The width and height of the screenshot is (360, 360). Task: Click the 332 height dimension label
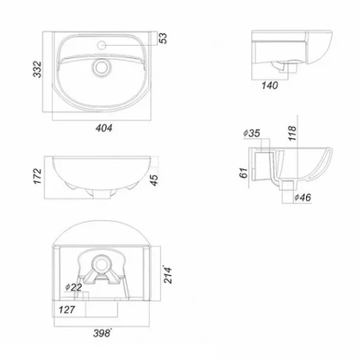37,69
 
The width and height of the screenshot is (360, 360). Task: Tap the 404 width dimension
104,128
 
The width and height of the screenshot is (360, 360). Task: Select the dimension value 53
163,38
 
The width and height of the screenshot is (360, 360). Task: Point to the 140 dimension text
269,85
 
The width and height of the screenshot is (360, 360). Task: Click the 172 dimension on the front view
37,177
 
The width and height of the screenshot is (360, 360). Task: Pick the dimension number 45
154,180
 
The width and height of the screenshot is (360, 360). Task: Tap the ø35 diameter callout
252,133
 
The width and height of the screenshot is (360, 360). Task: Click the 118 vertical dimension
292,133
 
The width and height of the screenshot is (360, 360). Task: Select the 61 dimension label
244,173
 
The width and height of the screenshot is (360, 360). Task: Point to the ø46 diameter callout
303,197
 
